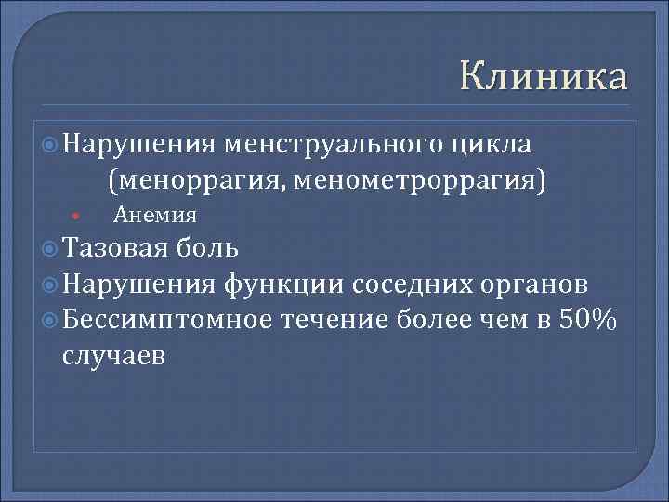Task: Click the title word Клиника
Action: (x=544, y=75)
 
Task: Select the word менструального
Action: (x=334, y=146)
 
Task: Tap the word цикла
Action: (x=492, y=146)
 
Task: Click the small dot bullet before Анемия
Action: (x=73, y=218)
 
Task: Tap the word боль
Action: (x=209, y=248)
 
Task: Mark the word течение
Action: (x=332, y=319)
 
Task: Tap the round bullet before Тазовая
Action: (x=50, y=249)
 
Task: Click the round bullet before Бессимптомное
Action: (x=50, y=320)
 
